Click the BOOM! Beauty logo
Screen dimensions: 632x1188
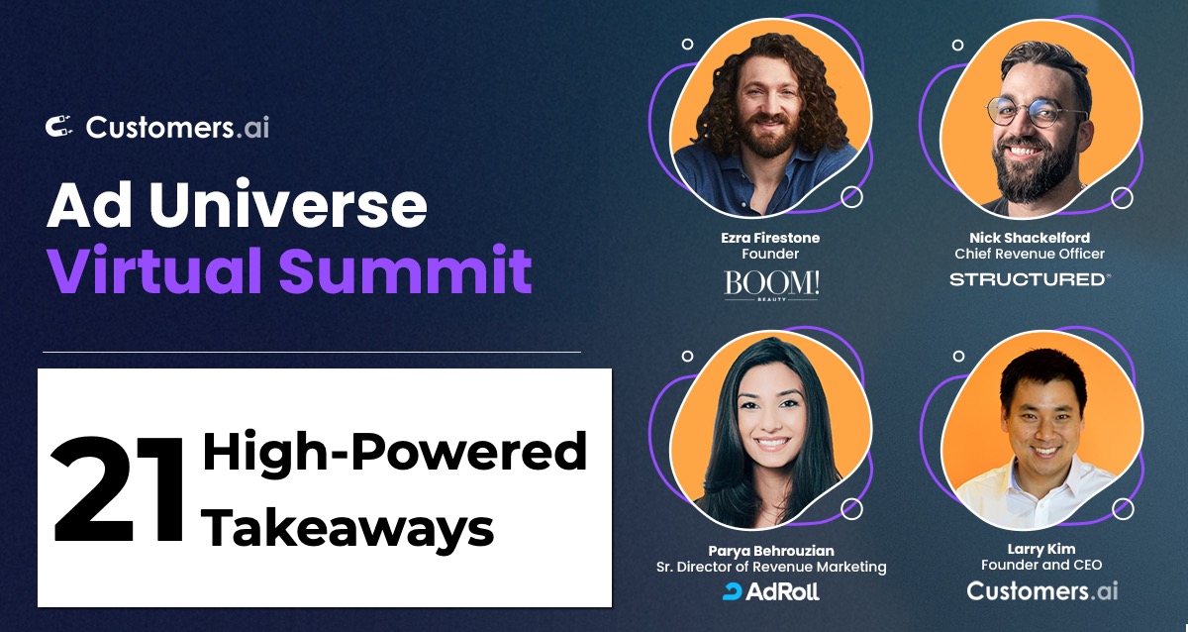pos(771,285)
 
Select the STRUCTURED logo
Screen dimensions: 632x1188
pos(1029,279)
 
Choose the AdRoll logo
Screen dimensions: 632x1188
pos(771,591)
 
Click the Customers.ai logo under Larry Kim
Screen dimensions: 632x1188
pos(1040,591)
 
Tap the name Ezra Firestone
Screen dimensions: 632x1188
pos(770,238)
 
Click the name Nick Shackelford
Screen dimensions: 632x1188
pos(1030,238)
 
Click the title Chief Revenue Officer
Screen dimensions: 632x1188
pos(1030,255)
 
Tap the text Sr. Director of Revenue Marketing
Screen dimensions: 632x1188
pos(771,567)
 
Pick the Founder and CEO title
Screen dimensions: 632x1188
pos(1040,566)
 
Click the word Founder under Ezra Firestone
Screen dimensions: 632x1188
pos(770,255)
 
